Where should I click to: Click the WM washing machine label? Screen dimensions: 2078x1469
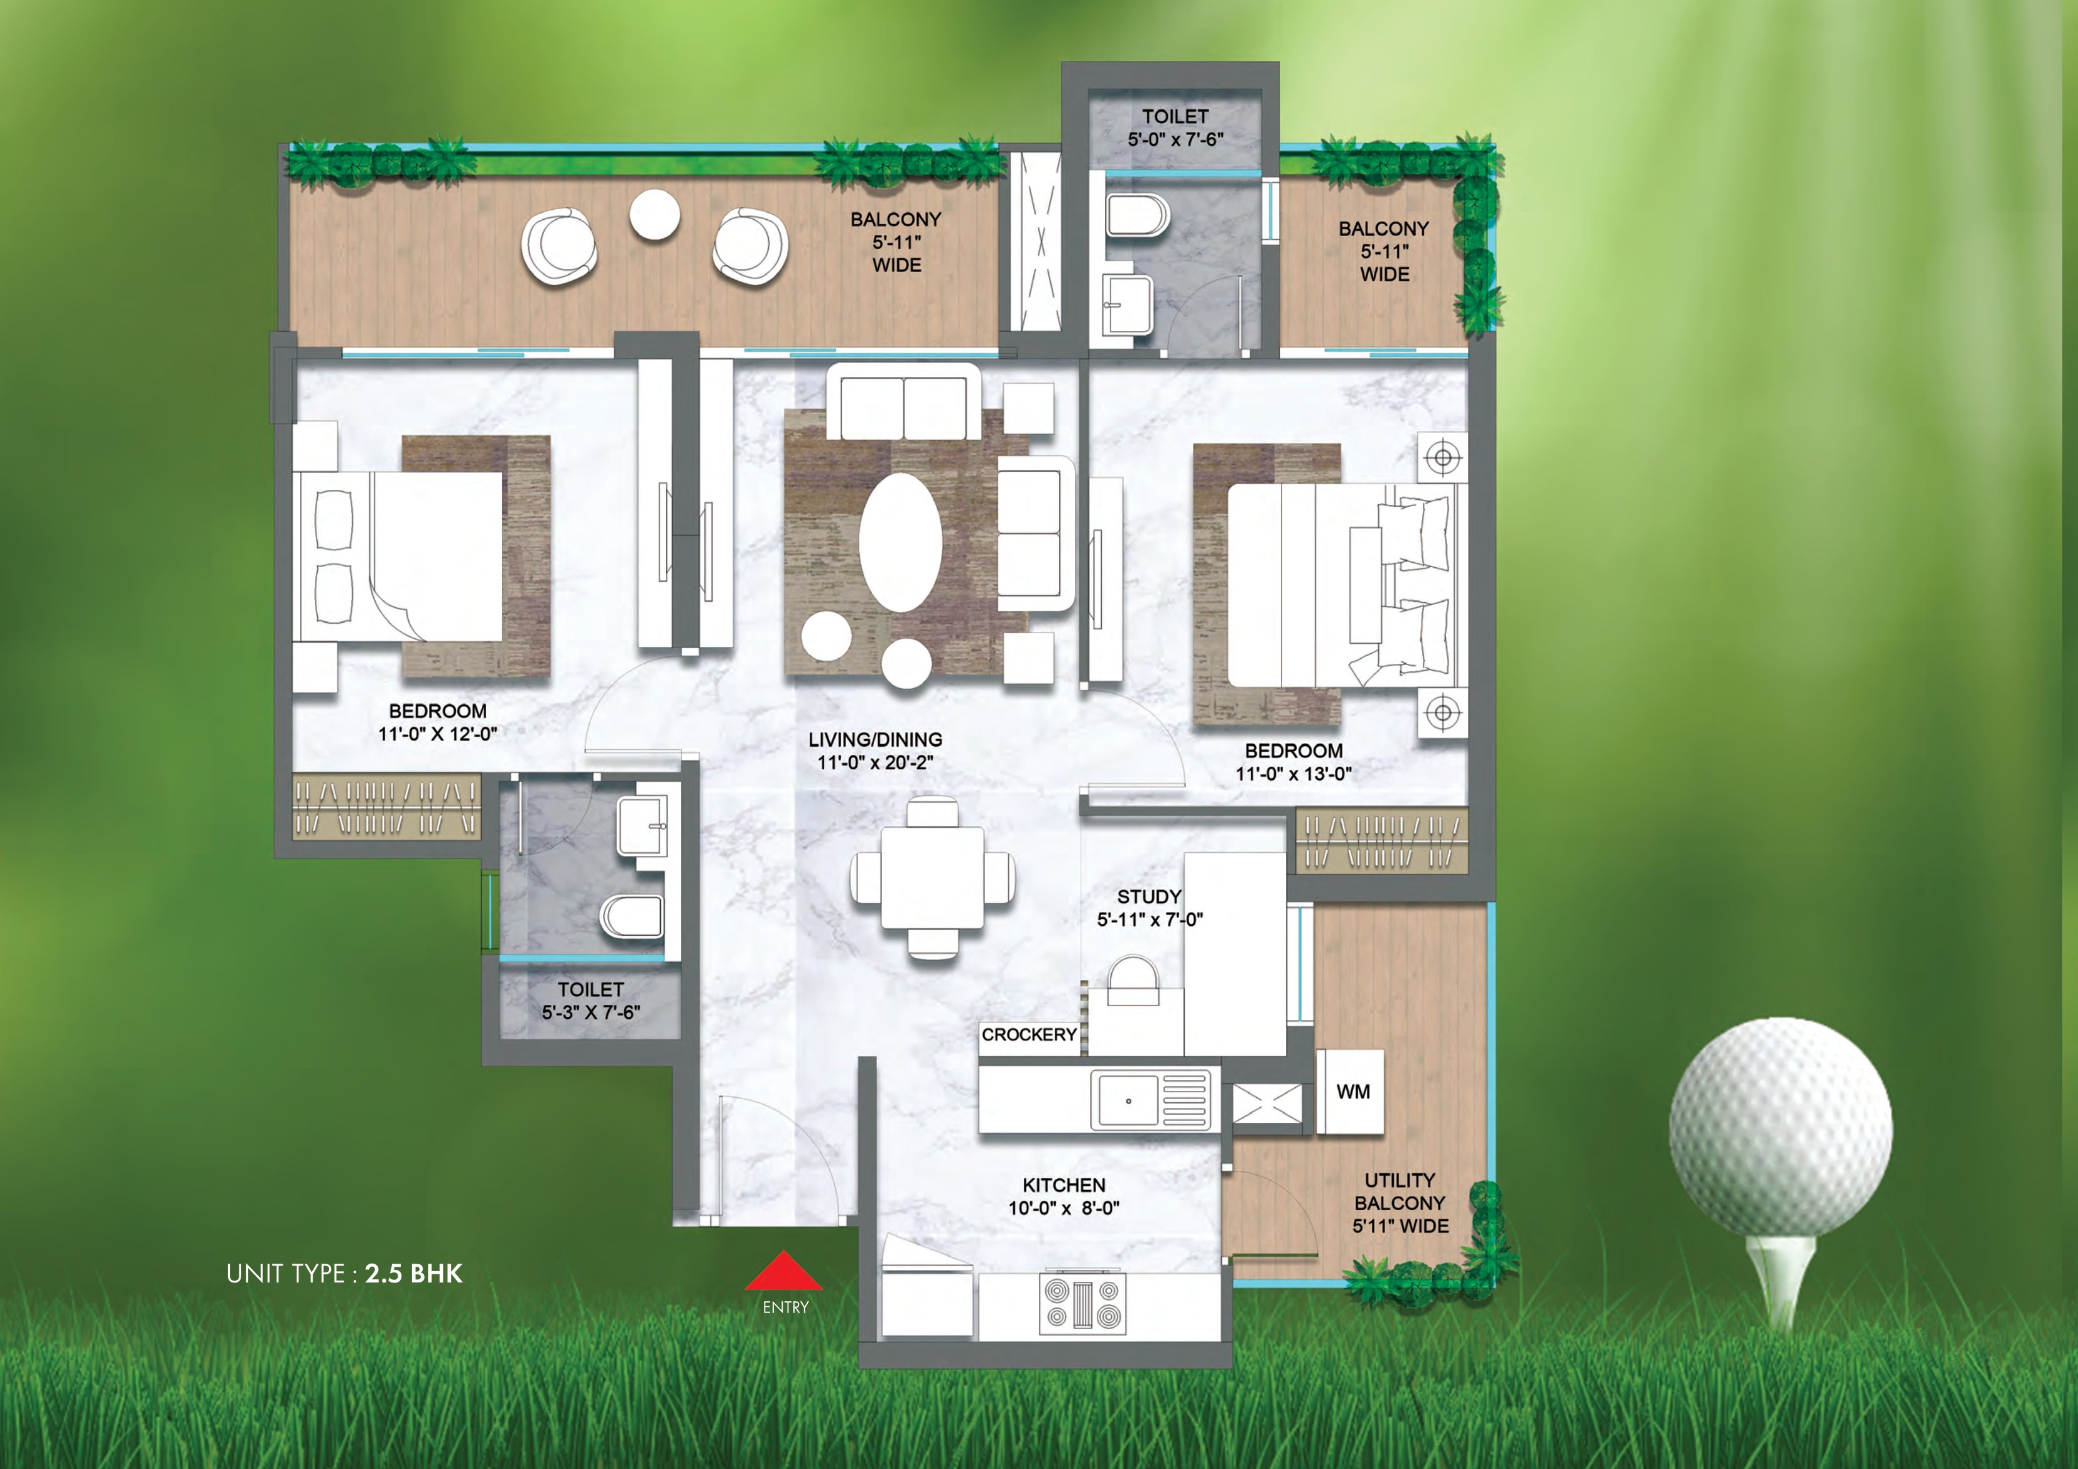click(x=1353, y=1092)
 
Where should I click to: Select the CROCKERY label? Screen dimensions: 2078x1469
click(x=1029, y=1034)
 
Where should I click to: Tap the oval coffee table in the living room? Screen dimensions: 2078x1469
click(x=901, y=543)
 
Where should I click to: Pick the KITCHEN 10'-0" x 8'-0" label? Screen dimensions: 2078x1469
click(x=1064, y=1196)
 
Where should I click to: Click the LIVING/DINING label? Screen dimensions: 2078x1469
click(x=875, y=751)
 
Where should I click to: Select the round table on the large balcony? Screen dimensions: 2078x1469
click(x=655, y=215)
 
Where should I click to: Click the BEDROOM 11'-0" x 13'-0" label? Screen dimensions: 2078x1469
click(x=1293, y=762)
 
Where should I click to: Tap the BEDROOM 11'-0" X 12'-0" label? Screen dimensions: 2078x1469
click(x=438, y=722)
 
